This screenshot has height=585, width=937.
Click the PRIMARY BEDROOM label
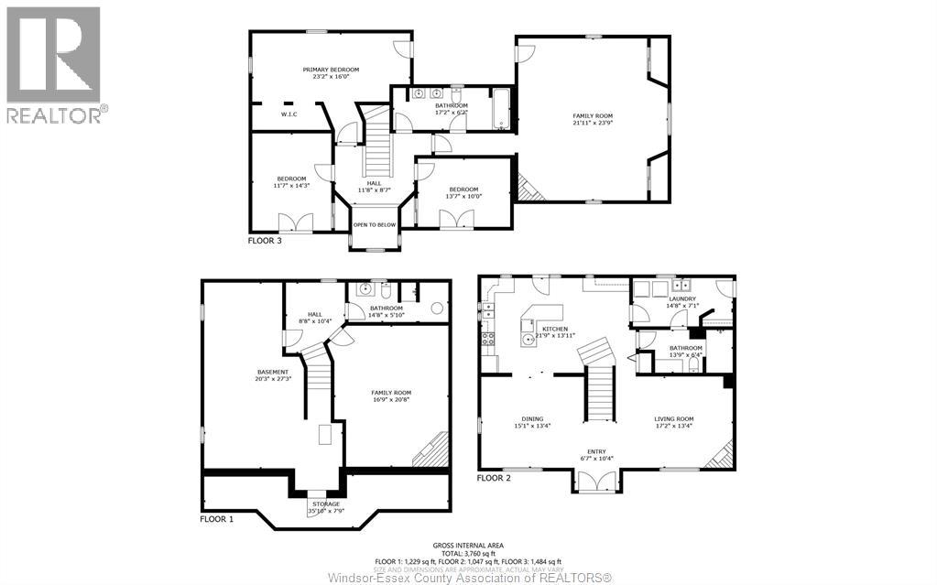tap(331, 70)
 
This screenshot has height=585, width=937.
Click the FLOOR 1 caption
tap(217, 518)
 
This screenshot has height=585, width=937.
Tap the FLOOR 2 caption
tap(495, 478)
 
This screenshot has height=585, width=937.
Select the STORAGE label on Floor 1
tap(326, 504)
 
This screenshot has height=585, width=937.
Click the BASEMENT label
tap(273, 372)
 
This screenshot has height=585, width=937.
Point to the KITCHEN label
tap(554, 329)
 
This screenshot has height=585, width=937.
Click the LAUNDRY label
tap(682, 298)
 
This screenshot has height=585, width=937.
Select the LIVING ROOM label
tap(673, 417)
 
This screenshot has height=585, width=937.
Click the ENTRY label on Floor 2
tap(596, 451)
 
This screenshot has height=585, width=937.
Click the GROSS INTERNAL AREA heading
tap(468, 546)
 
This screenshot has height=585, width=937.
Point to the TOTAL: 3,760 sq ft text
tap(468, 554)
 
